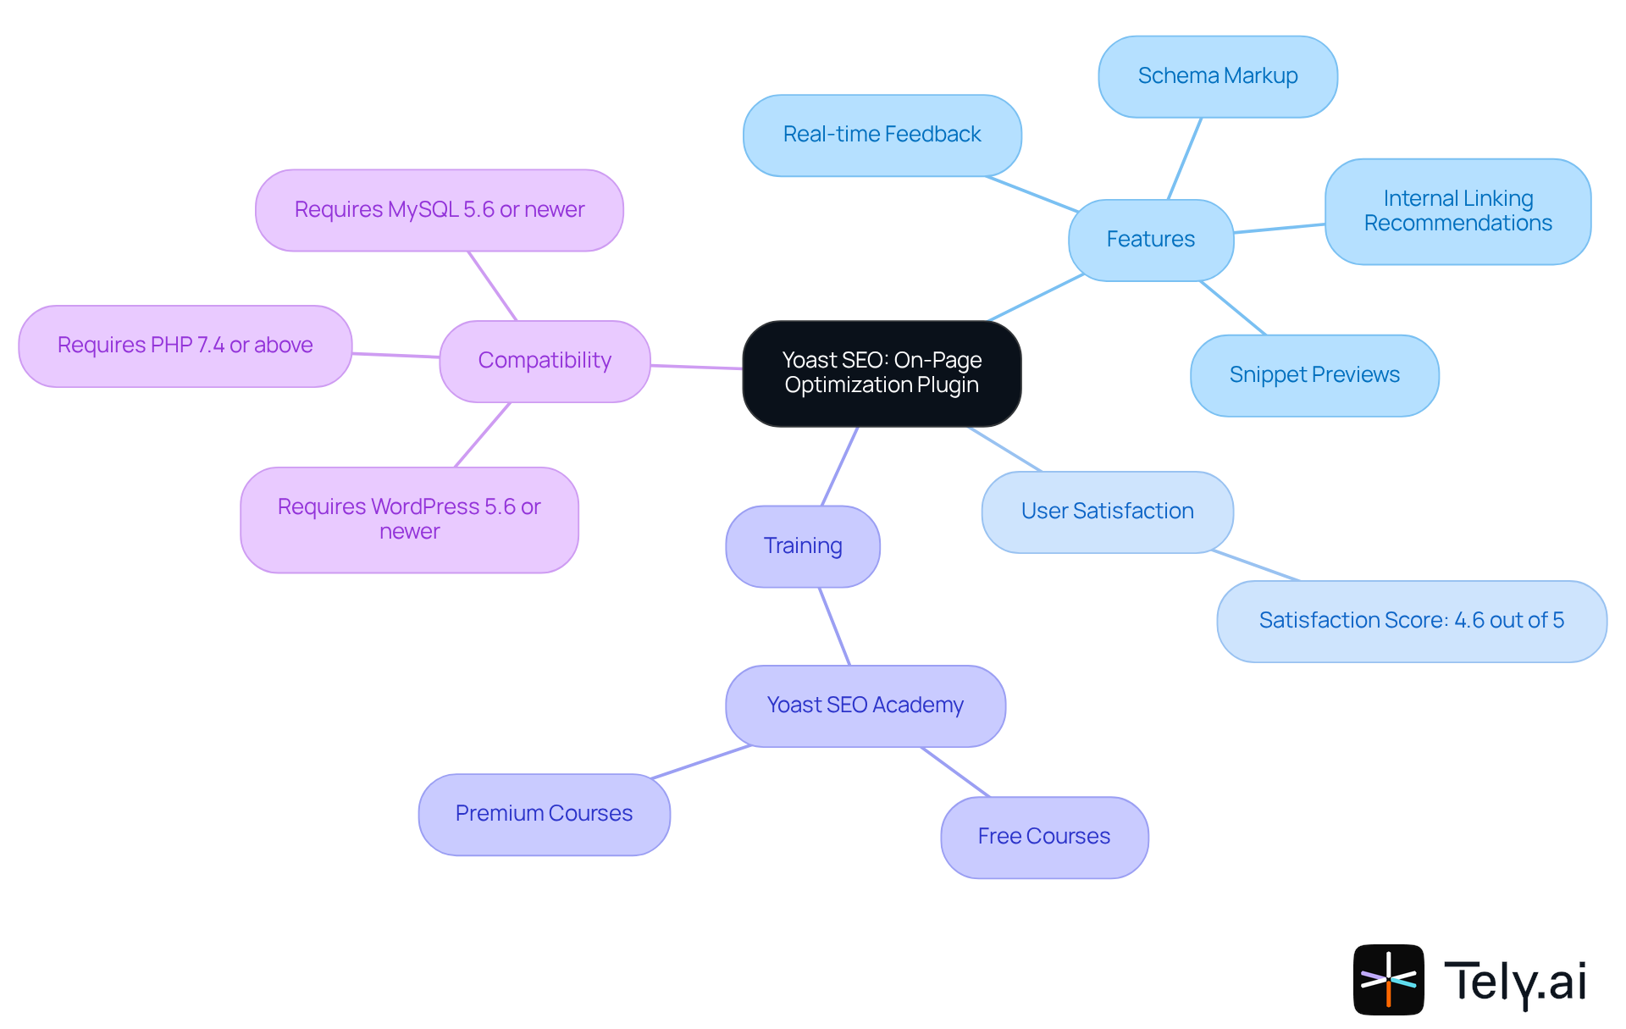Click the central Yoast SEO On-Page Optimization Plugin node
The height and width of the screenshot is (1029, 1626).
click(x=882, y=373)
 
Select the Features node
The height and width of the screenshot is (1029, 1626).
click(x=1150, y=240)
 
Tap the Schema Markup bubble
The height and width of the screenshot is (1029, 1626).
click(x=1217, y=76)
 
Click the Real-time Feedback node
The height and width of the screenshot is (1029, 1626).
click(x=882, y=135)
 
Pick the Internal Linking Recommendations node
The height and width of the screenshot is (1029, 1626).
click(x=1457, y=211)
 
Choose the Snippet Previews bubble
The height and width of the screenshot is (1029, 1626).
click(x=1314, y=375)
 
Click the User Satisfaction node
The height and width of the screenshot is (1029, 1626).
click(x=1107, y=512)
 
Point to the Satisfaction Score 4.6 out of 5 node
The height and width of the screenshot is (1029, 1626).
click(x=1411, y=621)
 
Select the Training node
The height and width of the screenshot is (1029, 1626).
click(x=802, y=546)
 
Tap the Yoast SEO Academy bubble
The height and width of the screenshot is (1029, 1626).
click(x=865, y=705)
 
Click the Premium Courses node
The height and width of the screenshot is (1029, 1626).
click(x=544, y=814)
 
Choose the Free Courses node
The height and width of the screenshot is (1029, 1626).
click(x=1043, y=837)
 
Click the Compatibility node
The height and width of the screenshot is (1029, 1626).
click(x=545, y=361)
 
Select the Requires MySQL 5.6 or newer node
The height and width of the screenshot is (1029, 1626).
click(x=439, y=210)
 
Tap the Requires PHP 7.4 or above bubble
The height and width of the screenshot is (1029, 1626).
click(x=185, y=346)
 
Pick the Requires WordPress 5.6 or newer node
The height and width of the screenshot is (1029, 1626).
click(x=409, y=519)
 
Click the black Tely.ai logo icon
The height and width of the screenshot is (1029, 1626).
click(x=1388, y=979)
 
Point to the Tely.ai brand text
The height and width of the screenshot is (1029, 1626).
click(x=1515, y=982)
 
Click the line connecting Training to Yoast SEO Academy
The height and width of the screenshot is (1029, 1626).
click(x=834, y=626)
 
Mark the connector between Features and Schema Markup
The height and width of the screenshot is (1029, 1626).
click(x=1185, y=158)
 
